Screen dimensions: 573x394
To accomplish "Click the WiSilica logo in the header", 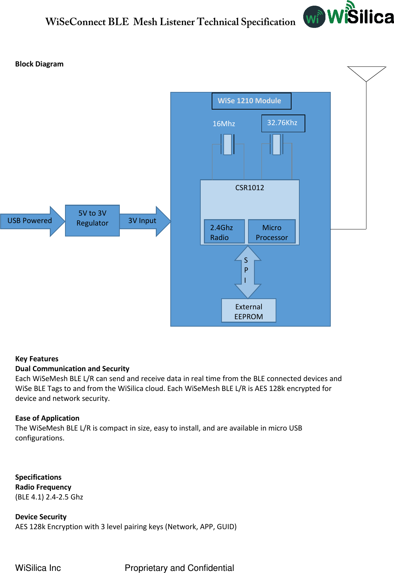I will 348,16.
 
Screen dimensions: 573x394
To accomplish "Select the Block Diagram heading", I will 39,64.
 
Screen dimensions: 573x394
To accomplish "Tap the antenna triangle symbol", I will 366,73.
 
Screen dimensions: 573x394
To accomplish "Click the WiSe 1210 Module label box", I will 251,101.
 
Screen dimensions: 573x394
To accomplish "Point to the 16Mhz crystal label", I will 224,124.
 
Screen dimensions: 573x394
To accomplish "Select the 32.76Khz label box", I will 283,123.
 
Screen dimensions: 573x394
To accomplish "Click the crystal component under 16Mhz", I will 228,144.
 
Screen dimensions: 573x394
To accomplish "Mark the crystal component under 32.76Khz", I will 277,144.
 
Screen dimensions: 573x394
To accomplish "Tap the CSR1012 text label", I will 249,188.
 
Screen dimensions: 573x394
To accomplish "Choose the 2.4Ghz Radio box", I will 224,232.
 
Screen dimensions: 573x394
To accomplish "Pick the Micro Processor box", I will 272,232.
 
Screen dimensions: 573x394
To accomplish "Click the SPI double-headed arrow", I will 248,271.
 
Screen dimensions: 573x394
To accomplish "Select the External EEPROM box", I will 248,311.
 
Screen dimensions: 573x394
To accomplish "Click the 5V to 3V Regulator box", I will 92,220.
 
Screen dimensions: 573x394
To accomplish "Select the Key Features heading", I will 37,359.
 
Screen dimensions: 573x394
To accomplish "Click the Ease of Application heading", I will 47,418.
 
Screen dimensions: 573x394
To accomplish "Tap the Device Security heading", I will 41,517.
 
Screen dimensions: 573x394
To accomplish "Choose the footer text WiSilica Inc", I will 38,568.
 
